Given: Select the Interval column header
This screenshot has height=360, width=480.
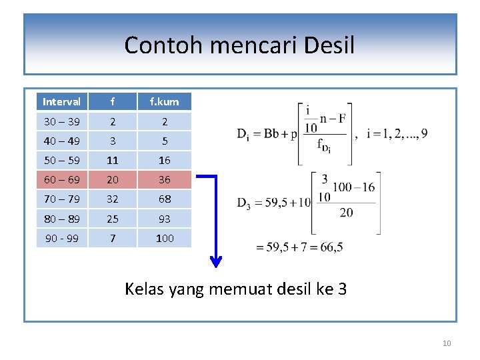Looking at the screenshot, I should [61, 102].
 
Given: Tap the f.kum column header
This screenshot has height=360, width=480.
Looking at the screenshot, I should [164, 102].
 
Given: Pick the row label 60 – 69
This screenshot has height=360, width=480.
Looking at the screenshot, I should [61, 180].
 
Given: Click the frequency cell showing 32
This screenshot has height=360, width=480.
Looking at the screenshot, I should [113, 199].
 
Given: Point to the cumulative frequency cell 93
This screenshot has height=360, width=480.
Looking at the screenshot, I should [164, 219].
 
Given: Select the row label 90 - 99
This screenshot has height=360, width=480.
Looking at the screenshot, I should [61, 238].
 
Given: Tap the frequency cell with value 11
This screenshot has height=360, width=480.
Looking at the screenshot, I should [113, 161].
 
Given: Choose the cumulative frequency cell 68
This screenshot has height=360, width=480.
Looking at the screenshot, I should [164, 199].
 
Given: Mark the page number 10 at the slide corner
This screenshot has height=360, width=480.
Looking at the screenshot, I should [447, 343].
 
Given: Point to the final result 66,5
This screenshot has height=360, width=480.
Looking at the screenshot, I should [331, 247].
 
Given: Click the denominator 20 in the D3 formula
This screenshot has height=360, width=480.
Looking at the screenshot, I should [346, 213].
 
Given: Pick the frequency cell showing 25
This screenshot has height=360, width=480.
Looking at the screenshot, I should [113, 219].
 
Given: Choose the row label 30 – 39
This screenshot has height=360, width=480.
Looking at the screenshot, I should [61, 121].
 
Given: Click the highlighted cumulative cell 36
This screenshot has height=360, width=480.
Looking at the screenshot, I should [164, 180].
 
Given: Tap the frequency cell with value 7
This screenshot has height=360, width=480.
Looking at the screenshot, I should [113, 238].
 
